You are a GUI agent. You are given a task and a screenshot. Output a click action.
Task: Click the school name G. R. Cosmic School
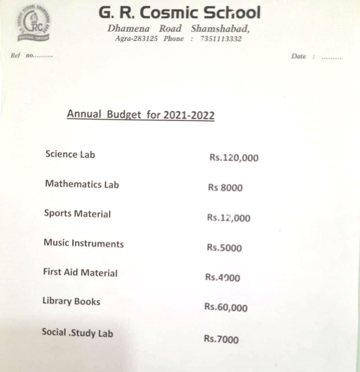tap(179, 13)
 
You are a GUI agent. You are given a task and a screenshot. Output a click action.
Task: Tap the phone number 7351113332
tap(221, 39)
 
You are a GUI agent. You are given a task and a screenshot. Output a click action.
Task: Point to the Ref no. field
tap(31, 55)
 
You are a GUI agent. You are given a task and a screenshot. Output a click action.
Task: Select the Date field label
tap(298, 56)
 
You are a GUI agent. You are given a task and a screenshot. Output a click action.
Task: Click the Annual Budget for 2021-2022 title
tap(141, 114)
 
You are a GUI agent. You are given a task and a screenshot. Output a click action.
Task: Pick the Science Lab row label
tap(70, 154)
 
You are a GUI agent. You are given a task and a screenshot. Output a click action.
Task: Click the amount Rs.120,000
tap(234, 158)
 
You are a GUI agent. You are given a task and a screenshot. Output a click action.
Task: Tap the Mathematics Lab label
tap(82, 184)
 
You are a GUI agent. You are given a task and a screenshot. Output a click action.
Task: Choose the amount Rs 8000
tap(225, 187)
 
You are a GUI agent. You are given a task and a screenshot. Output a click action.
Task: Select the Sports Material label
tap(77, 213)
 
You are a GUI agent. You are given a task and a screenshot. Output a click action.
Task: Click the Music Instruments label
tap(84, 243)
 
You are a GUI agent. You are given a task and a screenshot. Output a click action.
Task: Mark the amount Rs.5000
tap(224, 248)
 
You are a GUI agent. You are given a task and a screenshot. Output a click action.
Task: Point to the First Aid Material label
tap(80, 272)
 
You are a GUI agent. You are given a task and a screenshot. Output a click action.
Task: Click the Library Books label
tap(71, 301)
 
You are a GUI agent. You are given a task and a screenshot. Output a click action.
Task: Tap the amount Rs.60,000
tap(226, 307)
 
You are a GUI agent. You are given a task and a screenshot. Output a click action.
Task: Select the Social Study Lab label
tap(77, 332)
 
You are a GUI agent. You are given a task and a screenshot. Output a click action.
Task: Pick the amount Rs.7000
tap(221, 339)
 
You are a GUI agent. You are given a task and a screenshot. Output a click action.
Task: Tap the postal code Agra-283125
tap(136, 39)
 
